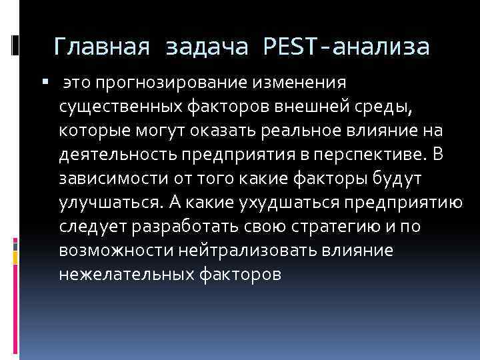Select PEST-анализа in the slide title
347,47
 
